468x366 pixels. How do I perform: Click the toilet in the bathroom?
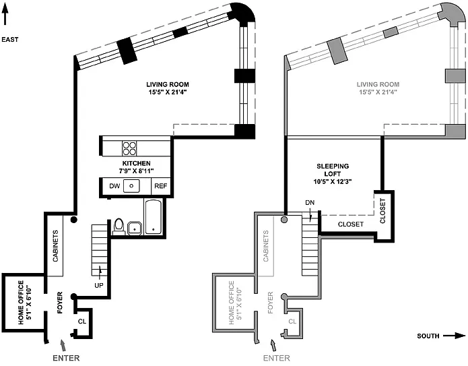[x=119, y=226]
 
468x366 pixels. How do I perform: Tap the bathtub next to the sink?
[x=154, y=216]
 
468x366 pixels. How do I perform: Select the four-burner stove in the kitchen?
[x=129, y=148]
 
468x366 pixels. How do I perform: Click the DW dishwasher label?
[x=114, y=186]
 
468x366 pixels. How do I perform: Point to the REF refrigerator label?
[x=160, y=186]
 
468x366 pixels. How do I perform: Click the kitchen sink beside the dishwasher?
[x=131, y=186]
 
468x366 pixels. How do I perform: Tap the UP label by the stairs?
[x=99, y=285]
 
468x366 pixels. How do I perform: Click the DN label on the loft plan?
[x=310, y=203]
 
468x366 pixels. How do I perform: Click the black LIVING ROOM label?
[x=168, y=88]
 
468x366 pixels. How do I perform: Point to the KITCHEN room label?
[x=137, y=167]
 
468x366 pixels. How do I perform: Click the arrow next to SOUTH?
[x=455, y=336]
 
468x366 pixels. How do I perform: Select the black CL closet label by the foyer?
[x=82, y=322]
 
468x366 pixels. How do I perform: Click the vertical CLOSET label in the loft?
[x=382, y=211]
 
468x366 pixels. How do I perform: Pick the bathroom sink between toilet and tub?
[x=135, y=228]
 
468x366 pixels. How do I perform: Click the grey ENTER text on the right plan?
[x=276, y=358]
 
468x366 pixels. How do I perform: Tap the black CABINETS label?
[x=55, y=246]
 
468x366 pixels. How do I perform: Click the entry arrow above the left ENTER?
[x=63, y=345]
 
